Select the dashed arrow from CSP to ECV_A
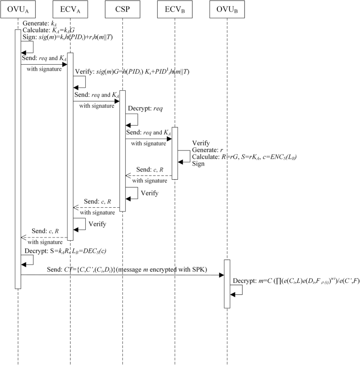96,207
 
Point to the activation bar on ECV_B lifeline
174,154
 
